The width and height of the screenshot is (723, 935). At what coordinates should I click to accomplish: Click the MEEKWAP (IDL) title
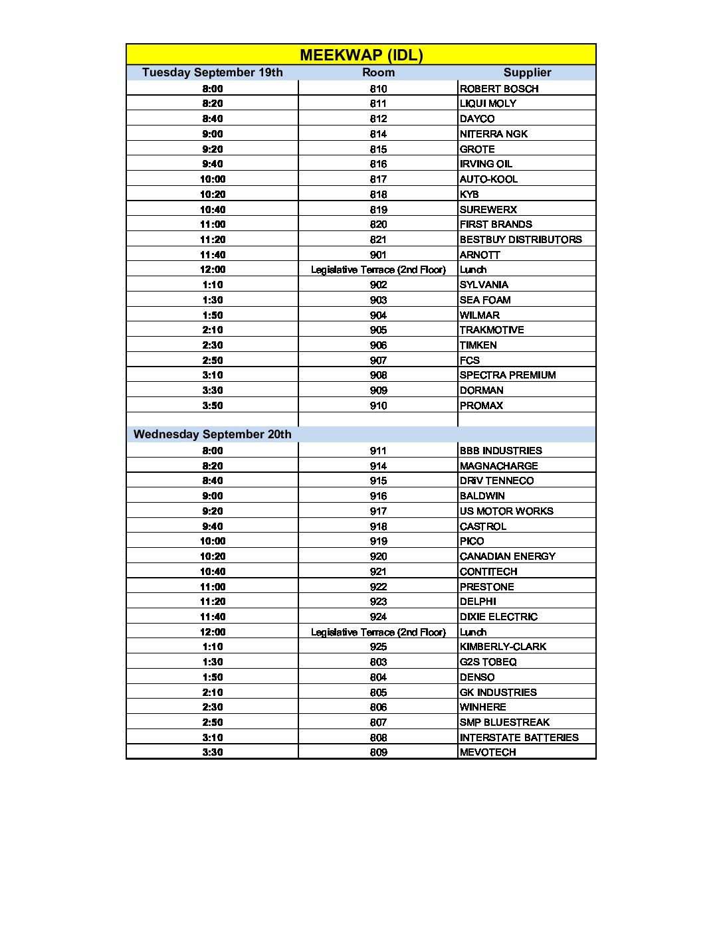point(361,55)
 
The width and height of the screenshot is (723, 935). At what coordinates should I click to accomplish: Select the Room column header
point(378,73)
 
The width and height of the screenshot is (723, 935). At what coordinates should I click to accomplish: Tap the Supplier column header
point(527,73)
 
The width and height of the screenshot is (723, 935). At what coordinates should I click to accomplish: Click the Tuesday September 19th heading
point(212,73)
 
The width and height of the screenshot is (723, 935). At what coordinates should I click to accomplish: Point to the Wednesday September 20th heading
point(212,434)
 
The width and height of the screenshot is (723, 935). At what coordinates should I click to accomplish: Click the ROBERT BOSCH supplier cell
point(499,89)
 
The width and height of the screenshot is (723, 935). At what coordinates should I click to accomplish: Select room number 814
point(378,134)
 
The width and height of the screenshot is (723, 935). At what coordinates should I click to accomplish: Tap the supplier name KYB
point(469,195)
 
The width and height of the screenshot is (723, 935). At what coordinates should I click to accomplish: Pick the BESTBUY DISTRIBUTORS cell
point(520,240)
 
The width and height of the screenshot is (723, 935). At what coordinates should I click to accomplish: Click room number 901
point(378,255)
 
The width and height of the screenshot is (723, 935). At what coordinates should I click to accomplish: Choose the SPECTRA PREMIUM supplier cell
point(508,375)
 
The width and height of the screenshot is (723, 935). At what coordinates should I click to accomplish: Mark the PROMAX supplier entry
point(481,406)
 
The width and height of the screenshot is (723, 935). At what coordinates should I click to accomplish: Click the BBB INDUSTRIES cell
point(500,451)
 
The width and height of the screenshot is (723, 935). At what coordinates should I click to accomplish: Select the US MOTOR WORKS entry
point(506,511)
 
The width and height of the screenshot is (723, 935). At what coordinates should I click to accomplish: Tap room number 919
point(378,541)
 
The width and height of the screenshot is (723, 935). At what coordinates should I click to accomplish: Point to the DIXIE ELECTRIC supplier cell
point(498,617)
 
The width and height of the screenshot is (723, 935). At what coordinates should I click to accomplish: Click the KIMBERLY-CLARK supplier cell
point(502,647)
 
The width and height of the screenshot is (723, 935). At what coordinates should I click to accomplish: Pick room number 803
point(378,662)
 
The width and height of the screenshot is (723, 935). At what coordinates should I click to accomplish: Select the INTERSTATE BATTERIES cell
point(519,738)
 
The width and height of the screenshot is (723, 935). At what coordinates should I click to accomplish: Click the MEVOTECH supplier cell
point(488,752)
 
